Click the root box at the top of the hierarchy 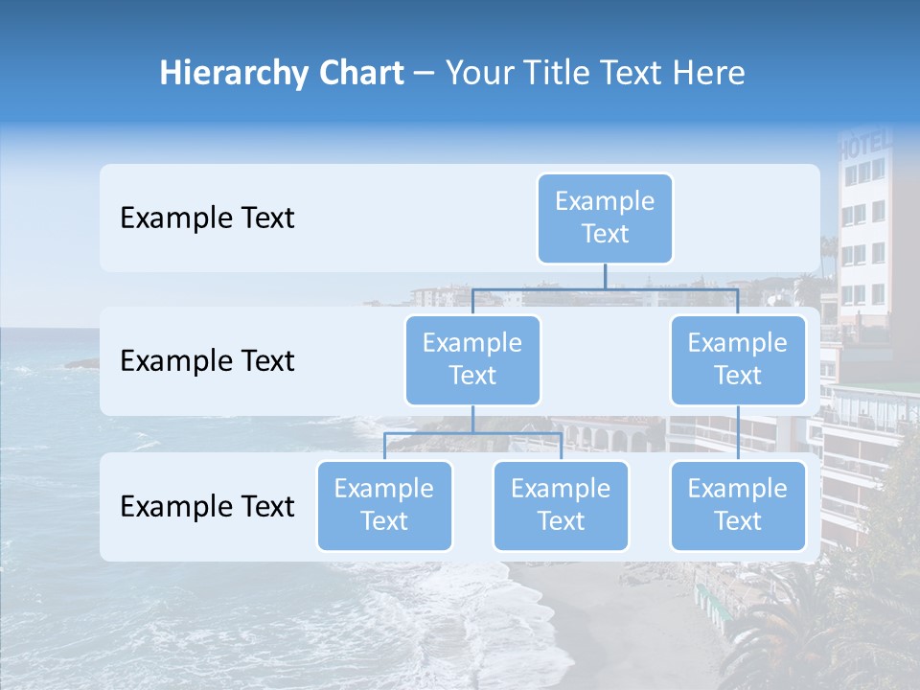click(605, 218)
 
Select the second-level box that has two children click(472, 359)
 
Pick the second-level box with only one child click(738, 359)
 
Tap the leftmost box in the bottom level click(384, 505)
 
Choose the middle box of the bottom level click(561, 505)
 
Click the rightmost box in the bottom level click(738, 505)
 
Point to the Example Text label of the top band click(207, 218)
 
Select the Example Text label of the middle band click(207, 360)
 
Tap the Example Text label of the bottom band click(207, 506)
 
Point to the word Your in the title click(478, 73)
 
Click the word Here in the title click(708, 73)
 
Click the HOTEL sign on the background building click(864, 145)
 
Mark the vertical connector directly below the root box click(605, 276)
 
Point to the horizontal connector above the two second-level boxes click(605, 288)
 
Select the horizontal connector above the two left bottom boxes click(472, 433)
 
